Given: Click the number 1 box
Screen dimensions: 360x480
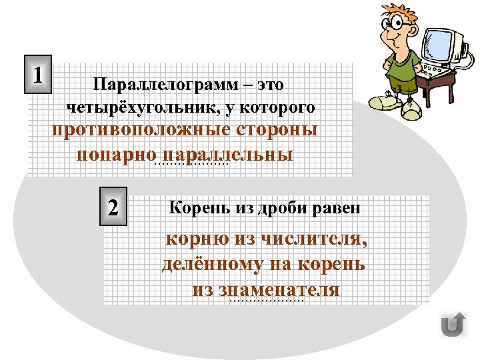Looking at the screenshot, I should point(40,72).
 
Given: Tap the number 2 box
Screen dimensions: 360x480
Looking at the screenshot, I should point(114,207).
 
